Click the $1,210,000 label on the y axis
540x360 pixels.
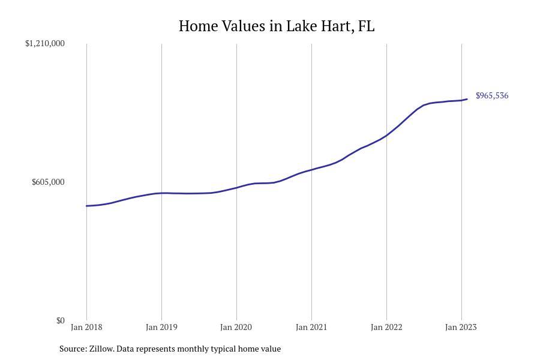point(45,43)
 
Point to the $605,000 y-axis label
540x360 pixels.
point(48,182)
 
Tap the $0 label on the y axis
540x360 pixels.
point(60,320)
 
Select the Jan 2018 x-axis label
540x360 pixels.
point(86,327)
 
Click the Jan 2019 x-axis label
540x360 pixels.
point(161,327)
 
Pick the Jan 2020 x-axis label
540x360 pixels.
point(236,327)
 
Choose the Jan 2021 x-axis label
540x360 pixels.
point(311,327)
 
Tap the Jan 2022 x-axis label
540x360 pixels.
point(386,327)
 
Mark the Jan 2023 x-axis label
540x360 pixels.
point(461,327)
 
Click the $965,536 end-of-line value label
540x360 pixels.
point(492,95)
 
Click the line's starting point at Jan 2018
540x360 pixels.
point(87,206)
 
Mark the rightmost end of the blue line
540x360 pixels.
point(467,99)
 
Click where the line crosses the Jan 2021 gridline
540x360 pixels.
point(311,170)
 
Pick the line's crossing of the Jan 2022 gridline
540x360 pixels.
point(386,136)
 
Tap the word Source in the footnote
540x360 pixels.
point(73,349)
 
